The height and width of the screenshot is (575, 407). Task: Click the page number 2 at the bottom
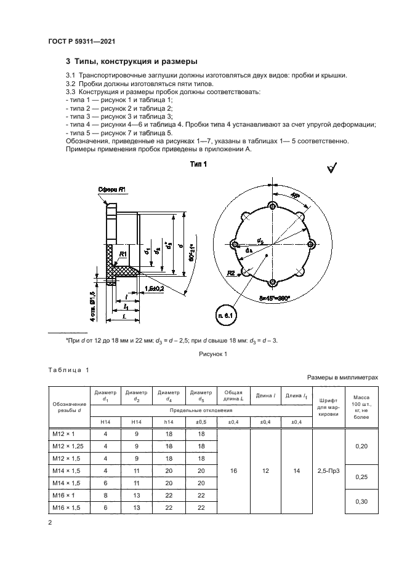pos(50,522)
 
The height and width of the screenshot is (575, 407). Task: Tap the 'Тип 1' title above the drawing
pos(198,164)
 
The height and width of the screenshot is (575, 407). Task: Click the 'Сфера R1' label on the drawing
pos(113,189)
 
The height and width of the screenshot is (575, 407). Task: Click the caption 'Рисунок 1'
pos(213,354)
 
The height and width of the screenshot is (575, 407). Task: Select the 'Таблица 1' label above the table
pos(68,369)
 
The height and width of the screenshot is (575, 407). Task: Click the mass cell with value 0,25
pos(361,477)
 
